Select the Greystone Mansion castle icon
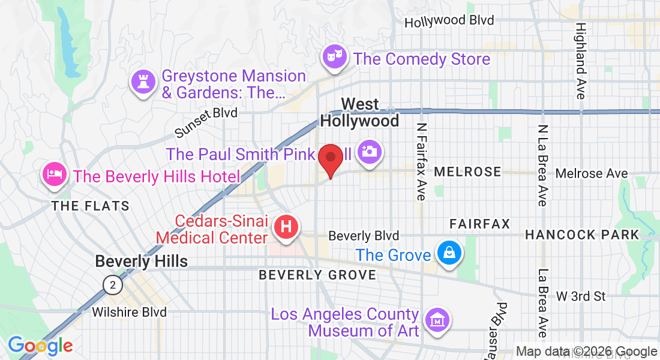(143, 83)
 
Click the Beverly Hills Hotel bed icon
(54, 175)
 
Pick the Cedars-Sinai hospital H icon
(286, 227)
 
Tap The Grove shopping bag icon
(448, 254)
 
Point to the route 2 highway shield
(112, 284)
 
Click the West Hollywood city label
(359, 112)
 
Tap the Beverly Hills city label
(142, 261)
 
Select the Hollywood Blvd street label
(449, 21)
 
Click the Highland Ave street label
(580, 61)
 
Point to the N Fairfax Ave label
(422, 161)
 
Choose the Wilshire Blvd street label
(129, 312)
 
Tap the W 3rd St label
(581, 296)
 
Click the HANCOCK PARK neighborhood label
(582, 235)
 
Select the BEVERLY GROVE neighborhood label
(317, 275)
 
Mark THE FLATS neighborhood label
(90, 206)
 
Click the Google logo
(40, 346)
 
